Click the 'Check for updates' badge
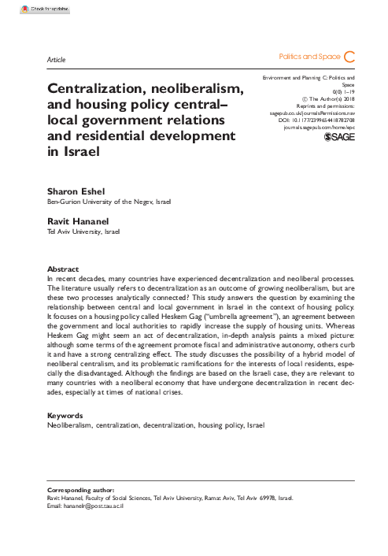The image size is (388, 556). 24,7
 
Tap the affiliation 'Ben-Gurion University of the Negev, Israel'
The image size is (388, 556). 109,202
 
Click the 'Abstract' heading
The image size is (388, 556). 63,269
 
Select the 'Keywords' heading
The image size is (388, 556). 65,415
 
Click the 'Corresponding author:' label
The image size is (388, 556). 81,489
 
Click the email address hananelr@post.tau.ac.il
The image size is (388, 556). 87,505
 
